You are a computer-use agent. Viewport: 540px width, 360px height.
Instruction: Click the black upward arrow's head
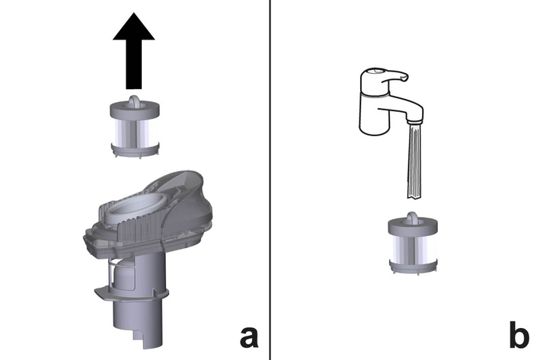(x=133, y=27)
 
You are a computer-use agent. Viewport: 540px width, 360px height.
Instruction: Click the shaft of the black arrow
(x=133, y=65)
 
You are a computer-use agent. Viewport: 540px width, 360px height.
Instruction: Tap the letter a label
(x=248, y=336)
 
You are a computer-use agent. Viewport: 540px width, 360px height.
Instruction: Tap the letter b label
(x=519, y=335)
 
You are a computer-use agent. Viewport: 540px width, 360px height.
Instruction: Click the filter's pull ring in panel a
(x=134, y=100)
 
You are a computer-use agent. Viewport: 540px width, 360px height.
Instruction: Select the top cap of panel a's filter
(x=135, y=110)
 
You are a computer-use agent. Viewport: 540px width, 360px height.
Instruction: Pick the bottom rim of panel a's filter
(x=135, y=151)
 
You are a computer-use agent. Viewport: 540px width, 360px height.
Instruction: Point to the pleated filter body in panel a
(x=135, y=132)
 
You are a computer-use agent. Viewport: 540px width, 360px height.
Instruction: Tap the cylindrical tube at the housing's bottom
(x=138, y=323)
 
